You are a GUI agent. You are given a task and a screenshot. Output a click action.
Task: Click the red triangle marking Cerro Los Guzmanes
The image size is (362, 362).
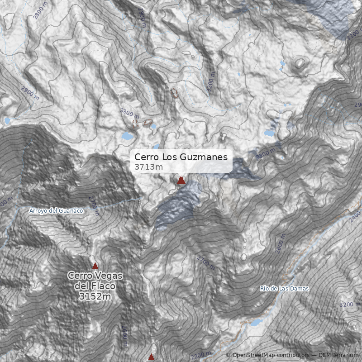181,181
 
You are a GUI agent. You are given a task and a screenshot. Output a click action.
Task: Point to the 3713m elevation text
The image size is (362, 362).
148,167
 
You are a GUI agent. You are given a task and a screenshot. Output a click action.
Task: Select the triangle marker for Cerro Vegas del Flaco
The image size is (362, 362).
95,266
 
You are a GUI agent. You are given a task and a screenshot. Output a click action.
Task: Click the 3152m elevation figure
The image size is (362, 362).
95,297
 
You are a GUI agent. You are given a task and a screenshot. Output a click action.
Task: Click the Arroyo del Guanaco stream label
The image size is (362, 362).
57,210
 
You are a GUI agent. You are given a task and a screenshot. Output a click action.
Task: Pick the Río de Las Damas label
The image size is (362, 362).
284,288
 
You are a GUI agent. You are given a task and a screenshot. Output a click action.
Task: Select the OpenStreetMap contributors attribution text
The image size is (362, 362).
271,355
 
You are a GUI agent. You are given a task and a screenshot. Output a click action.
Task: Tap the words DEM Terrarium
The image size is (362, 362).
338,355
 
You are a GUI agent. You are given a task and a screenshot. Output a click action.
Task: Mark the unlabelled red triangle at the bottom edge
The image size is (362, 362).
151,357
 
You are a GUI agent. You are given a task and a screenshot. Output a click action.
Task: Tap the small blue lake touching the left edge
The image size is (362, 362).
6,120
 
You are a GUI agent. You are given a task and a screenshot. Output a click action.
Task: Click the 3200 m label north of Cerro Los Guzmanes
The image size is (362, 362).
210,82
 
